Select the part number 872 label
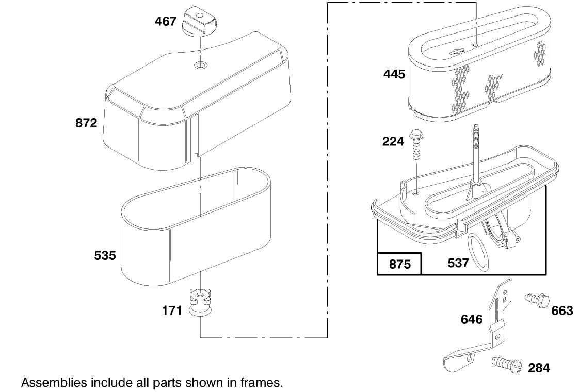86,123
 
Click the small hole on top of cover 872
200,65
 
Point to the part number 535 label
105,255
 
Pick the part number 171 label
172,311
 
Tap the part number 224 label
393,141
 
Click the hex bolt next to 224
415,146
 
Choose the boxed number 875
399,265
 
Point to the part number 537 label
458,263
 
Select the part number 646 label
472,320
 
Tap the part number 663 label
562,311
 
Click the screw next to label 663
536,300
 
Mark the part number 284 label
539,368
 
